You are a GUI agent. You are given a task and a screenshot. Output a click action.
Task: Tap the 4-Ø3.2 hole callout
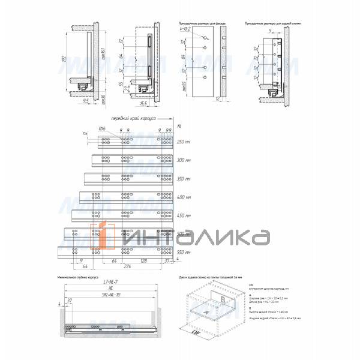tap(185, 29)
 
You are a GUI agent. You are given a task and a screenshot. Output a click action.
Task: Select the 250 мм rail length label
tap(184, 142)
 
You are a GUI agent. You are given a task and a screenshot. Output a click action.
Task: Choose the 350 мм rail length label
tap(184, 179)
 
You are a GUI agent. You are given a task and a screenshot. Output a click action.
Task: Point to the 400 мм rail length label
tap(184, 197)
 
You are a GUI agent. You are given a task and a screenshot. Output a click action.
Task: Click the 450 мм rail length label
tap(184, 215)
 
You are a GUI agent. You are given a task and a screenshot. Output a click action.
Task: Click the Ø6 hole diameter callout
tap(102, 129)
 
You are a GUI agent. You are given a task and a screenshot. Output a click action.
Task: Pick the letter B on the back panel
tap(223, 299)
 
